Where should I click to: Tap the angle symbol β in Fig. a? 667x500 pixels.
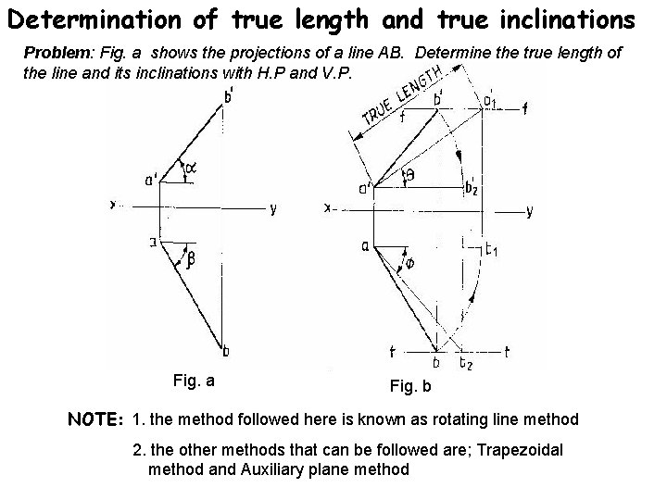[x=191, y=260]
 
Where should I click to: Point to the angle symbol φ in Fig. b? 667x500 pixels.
[x=409, y=264]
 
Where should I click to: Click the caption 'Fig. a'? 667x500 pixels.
[x=195, y=380]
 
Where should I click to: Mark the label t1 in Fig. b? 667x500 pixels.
[x=494, y=249]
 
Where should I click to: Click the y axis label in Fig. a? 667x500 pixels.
[x=273, y=208]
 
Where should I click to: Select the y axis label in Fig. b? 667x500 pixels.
[x=529, y=211]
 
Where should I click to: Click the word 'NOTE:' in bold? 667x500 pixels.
[x=97, y=420]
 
